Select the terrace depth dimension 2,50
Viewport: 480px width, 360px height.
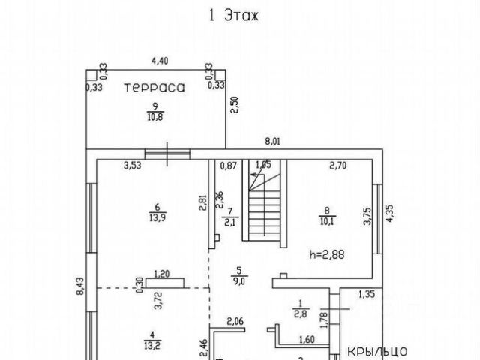point(234,104)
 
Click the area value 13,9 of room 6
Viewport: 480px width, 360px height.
point(157,217)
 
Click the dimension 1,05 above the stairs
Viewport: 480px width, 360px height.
point(263,165)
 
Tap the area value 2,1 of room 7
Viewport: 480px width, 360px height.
point(231,221)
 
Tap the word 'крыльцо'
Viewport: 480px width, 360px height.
point(377,349)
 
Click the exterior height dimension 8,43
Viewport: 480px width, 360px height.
point(80,287)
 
